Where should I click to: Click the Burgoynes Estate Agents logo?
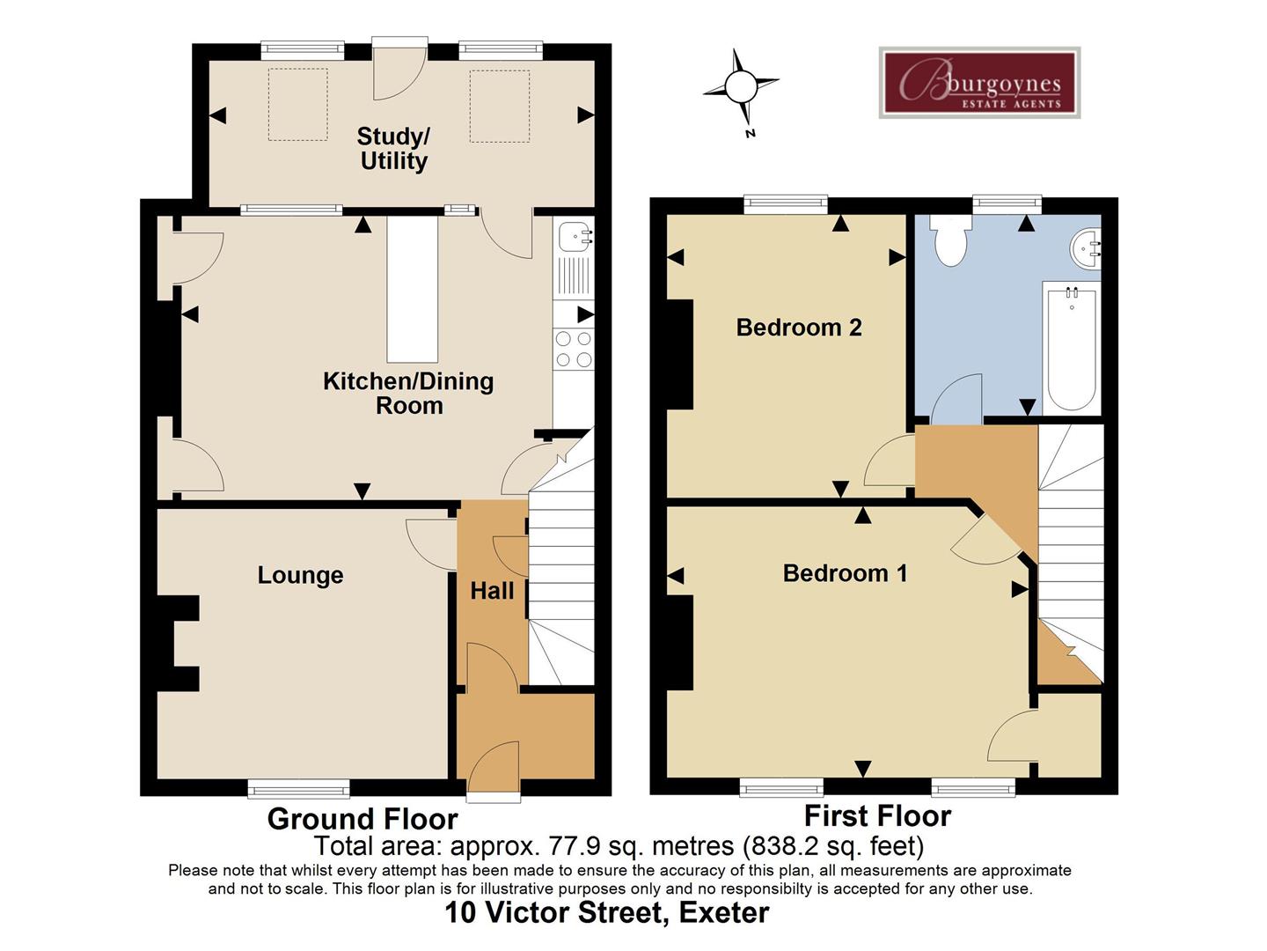point(979,83)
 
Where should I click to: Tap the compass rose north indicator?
point(741,87)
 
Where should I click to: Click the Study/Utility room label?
point(393,149)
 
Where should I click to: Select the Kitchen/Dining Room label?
point(408,393)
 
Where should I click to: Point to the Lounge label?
point(300,575)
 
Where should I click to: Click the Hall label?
point(492,591)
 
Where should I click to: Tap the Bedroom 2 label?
point(798,328)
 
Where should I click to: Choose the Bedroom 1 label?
point(845,573)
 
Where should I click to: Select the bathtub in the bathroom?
point(1071,347)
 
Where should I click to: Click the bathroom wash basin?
point(1087,247)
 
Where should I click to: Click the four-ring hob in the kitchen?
point(574,349)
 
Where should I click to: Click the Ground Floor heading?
point(363,819)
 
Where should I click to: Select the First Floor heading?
point(877,816)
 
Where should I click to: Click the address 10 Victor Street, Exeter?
point(606,912)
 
